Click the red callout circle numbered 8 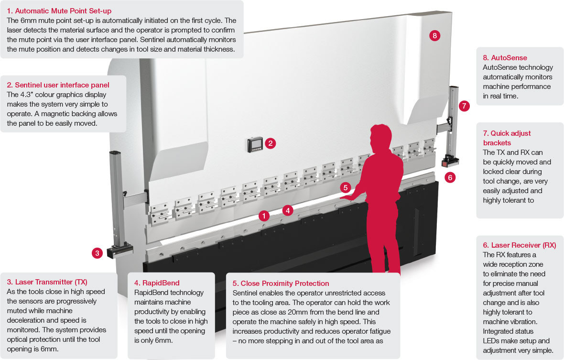pos(434,35)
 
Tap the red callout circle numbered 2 pos(270,143)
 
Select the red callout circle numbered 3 pos(98,253)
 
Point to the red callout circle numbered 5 pos(346,187)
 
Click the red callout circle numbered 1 pos(263,216)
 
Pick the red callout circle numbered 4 pos(287,209)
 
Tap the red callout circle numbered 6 pos(449,177)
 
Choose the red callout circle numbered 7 pos(464,106)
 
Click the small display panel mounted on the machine pos(255,144)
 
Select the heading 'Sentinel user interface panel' pos(58,85)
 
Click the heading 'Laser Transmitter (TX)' pos(47,282)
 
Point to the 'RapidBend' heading pos(157,283)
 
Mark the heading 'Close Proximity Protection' pos(281,283)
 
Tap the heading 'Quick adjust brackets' pos(507,138)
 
